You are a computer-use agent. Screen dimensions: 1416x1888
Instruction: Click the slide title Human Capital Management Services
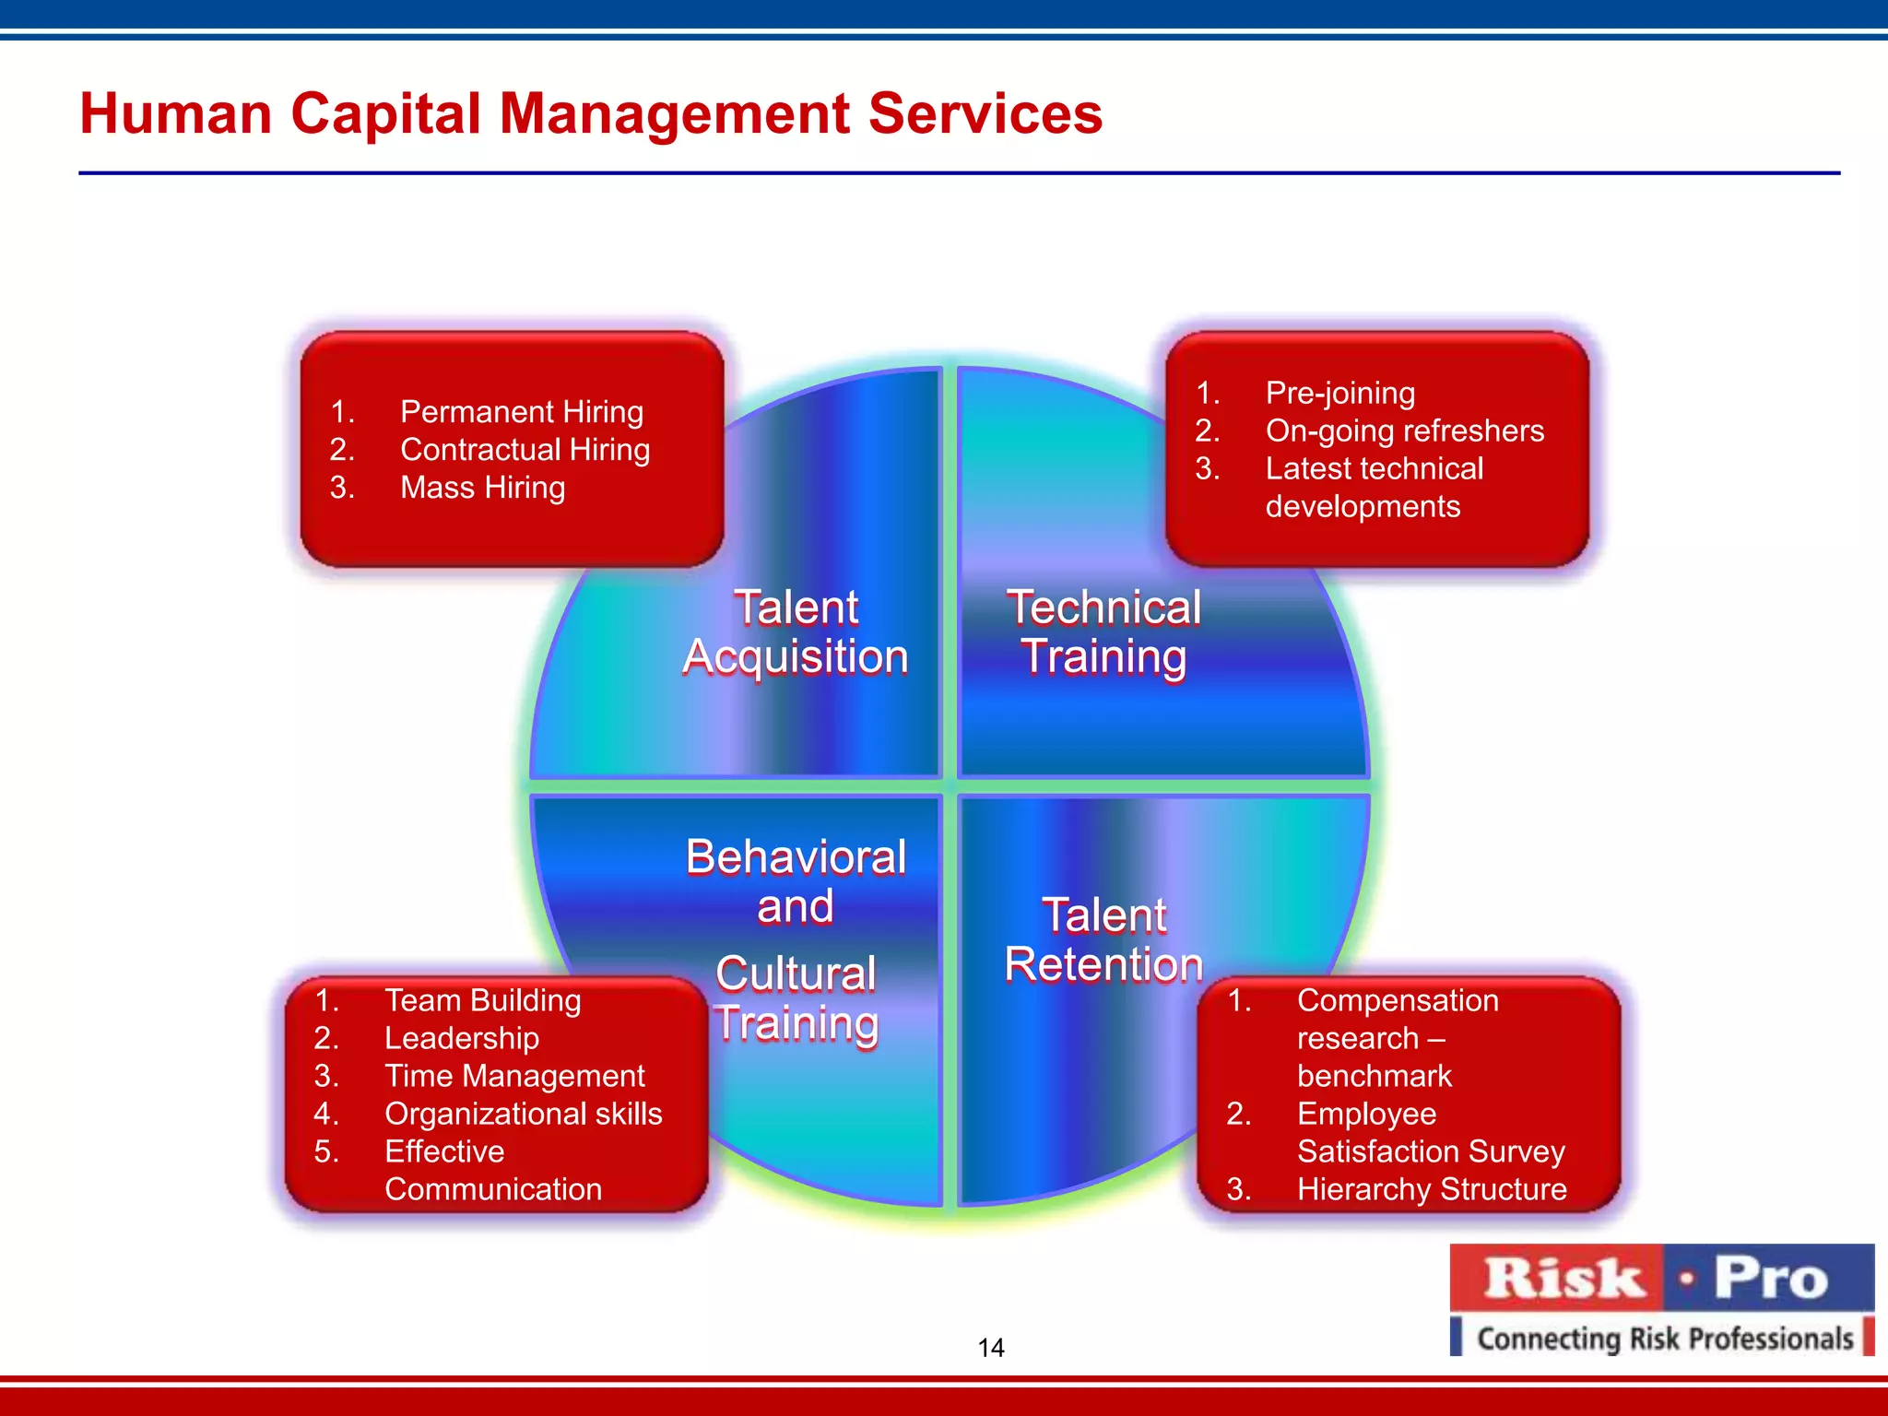(x=591, y=113)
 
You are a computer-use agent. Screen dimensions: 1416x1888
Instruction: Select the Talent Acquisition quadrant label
(x=796, y=632)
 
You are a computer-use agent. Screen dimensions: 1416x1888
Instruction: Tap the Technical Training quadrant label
(x=1103, y=632)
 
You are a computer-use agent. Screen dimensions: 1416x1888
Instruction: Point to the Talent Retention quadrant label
(x=1103, y=940)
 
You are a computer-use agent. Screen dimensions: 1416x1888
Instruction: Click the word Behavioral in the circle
(x=796, y=857)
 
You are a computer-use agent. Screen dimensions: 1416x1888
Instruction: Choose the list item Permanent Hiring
(x=521, y=411)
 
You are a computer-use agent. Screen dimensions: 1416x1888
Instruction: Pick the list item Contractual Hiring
(x=525, y=449)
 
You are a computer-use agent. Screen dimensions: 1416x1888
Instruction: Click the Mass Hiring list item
(x=482, y=487)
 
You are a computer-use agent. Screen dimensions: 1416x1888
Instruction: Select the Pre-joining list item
(x=1339, y=393)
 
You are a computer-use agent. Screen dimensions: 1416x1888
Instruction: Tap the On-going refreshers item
(x=1404, y=431)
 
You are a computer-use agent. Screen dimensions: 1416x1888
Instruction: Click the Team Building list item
(x=482, y=1000)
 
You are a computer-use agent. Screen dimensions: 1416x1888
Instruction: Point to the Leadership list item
(x=461, y=1038)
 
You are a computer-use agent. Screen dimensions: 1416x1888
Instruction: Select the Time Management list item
(x=514, y=1076)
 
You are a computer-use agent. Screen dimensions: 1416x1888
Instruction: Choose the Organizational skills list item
(x=523, y=1114)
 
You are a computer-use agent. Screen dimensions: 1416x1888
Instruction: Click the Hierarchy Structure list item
(x=1431, y=1189)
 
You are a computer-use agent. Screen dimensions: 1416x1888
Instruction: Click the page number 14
(x=991, y=1348)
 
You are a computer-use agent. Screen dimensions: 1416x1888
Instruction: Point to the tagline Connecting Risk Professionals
(x=1664, y=1339)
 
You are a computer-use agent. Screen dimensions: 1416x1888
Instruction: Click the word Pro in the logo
(x=1770, y=1280)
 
